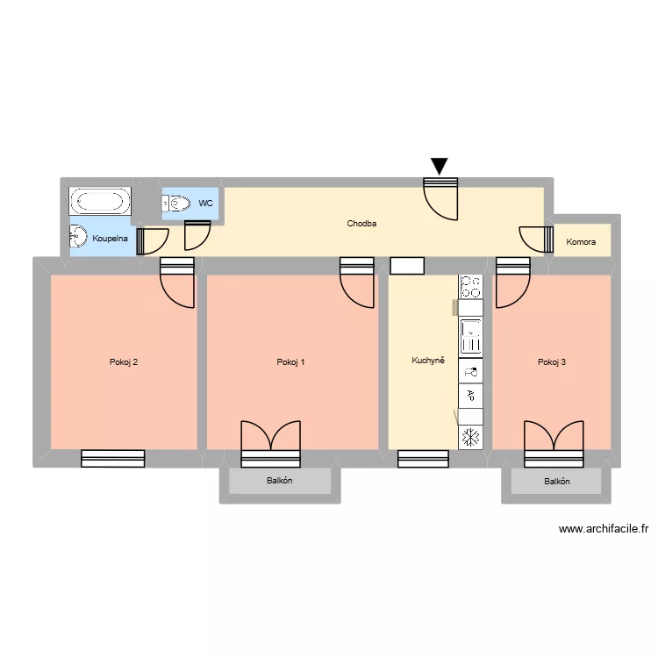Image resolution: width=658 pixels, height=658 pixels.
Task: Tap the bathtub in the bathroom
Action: point(100,202)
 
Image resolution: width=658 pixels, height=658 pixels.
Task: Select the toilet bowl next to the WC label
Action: point(178,204)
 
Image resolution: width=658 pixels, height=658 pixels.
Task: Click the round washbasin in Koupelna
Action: point(79,237)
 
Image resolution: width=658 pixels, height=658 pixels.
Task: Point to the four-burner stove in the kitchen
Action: point(470,286)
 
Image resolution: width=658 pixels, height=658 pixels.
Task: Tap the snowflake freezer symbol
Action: point(470,436)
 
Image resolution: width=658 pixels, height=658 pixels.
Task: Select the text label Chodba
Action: point(361,224)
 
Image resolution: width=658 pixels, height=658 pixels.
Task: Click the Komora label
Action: point(581,241)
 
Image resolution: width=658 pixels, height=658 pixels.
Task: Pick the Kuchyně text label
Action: point(428,361)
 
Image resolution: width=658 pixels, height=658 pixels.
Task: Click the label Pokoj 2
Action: point(124,361)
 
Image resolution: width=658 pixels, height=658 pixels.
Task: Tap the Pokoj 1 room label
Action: point(290,361)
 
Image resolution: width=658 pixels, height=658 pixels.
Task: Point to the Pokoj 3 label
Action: point(551,361)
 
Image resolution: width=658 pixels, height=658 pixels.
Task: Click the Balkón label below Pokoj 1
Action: point(279,481)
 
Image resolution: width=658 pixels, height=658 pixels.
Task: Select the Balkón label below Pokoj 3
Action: point(556,481)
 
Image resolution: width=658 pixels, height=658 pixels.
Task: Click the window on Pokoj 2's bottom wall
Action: point(112,458)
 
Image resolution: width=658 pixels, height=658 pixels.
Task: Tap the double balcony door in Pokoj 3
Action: point(554,443)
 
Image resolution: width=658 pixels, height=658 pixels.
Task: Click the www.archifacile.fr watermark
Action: point(603,529)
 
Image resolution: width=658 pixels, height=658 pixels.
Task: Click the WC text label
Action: point(206,203)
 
